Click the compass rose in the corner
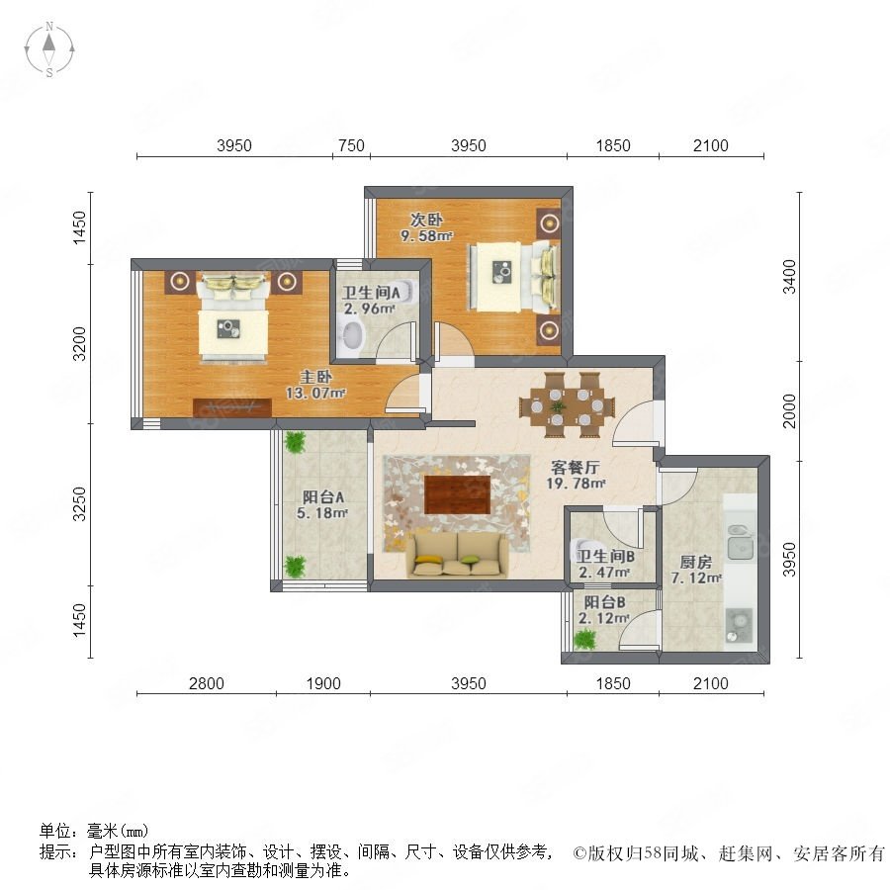click(x=49, y=49)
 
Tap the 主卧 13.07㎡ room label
click(x=315, y=385)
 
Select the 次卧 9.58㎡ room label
click(x=426, y=227)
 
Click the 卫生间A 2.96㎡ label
click(x=370, y=301)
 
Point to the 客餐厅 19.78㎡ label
click(x=576, y=476)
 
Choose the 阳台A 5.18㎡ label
click(x=322, y=505)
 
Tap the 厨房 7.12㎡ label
click(x=696, y=571)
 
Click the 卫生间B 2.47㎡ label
click(x=605, y=565)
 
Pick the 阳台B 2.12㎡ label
click(x=604, y=609)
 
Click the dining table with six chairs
click(x=567, y=405)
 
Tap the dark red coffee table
click(x=458, y=494)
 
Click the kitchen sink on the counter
click(x=741, y=542)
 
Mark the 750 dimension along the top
click(x=351, y=145)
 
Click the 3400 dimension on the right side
click(x=789, y=277)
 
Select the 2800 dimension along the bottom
click(x=206, y=682)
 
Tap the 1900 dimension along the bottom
click(x=323, y=682)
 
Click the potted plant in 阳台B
click(x=584, y=640)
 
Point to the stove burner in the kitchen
click(x=739, y=623)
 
